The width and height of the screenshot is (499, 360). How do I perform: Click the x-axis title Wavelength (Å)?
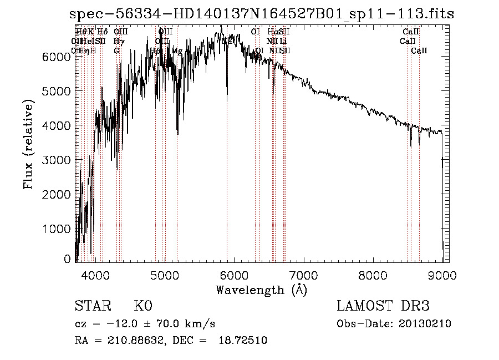261,290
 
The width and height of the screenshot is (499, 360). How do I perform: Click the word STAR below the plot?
91,307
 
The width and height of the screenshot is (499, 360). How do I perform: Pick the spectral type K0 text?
142,307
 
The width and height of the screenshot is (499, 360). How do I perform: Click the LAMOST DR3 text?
383,307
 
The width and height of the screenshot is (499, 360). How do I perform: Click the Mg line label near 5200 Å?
177,51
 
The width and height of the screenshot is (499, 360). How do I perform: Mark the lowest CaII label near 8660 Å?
419,51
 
